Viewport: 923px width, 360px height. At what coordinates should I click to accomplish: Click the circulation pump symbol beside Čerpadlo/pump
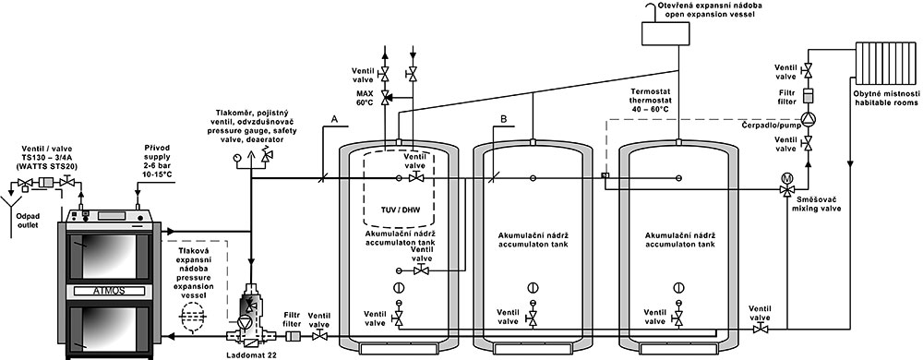pyautogui.click(x=808, y=118)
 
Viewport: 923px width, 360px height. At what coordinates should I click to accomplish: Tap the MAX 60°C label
pyautogui.click(x=365, y=98)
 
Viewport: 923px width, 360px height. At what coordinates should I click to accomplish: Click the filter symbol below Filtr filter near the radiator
pyautogui.click(x=808, y=96)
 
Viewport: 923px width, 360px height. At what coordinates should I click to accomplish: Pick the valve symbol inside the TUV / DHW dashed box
pyautogui.click(x=414, y=176)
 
